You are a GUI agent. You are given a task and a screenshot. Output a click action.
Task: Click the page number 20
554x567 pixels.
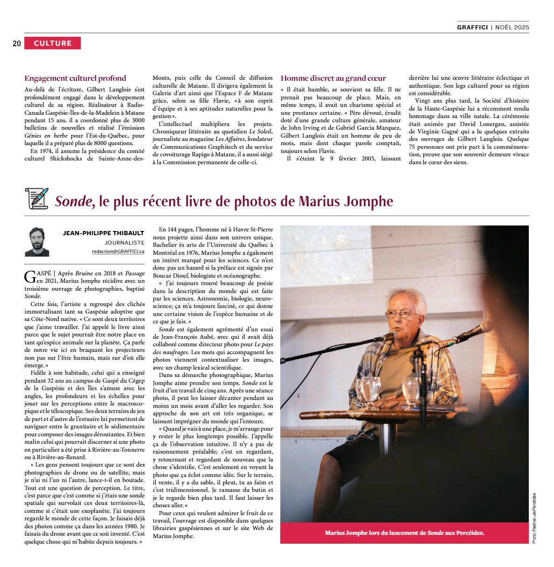pos(17,44)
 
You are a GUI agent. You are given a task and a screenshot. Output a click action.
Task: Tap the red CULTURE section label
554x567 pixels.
pos(53,43)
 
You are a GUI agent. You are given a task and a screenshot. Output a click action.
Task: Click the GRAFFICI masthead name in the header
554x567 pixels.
pos(472,27)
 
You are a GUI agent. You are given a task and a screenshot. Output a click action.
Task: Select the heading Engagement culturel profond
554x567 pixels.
pos(75,78)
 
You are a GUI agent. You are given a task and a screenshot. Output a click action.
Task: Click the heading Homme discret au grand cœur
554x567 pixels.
pos(333,78)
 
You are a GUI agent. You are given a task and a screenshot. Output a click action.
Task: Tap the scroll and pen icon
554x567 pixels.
pos(37,198)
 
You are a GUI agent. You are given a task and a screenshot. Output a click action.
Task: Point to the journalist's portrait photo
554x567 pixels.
pos(37,241)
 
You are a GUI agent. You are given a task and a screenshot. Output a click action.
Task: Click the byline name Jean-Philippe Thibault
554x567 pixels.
pos(104,233)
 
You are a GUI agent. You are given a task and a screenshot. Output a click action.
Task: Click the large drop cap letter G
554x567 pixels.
pos(29,277)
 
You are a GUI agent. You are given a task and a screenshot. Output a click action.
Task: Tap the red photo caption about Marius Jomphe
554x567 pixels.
pos(404,532)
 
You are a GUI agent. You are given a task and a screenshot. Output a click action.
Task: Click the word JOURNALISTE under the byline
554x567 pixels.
pos(125,242)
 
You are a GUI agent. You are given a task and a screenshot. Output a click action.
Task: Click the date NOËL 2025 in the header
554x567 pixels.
pos(512,27)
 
